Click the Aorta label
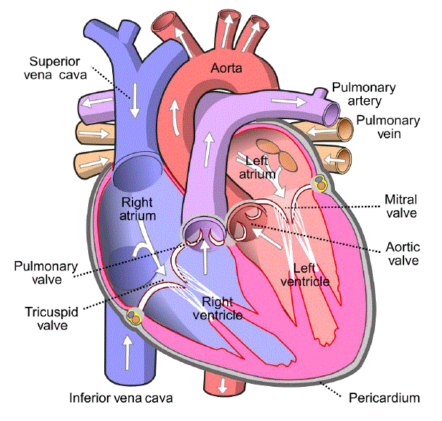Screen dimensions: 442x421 pos(226,68)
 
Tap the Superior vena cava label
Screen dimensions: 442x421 pos(55,68)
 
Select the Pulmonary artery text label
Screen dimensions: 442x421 pos(364,94)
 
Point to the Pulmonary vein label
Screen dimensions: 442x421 pos(388,127)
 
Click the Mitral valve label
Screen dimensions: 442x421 pos(400,207)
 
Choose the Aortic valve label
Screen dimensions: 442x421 pos(403,254)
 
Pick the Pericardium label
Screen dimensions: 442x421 pos(384,398)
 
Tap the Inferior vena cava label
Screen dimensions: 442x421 pos(121,398)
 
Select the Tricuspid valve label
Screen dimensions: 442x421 pos(52,318)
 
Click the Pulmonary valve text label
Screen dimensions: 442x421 pos(46,273)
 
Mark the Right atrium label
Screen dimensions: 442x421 pos(138,209)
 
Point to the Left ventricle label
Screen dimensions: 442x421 pos(305,275)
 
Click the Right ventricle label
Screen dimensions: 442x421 pos(218,308)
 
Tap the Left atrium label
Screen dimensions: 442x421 pos(257,168)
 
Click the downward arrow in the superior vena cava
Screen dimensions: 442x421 pos(135,100)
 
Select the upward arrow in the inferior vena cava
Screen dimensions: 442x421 pos(127,353)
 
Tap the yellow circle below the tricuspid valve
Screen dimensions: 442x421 pos(133,318)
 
